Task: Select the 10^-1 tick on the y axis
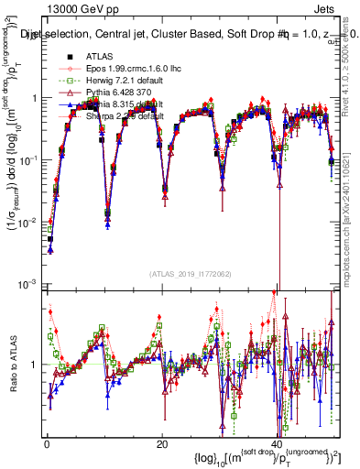(x=28, y=159)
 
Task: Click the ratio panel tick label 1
(x=35, y=365)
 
